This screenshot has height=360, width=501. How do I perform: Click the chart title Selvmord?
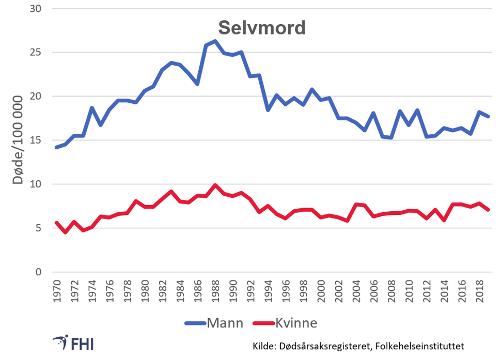pos(261,28)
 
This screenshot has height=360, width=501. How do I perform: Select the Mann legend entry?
pos(225,323)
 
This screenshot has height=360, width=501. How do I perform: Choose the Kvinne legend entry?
pos(296,323)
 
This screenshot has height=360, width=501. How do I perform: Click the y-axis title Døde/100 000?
pos(19,140)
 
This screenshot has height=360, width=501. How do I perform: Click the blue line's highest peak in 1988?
pos(215,41)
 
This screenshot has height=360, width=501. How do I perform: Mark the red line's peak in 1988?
pos(215,185)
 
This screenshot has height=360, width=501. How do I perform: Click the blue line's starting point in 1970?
pos(57,147)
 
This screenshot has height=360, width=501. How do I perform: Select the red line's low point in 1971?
pos(66,232)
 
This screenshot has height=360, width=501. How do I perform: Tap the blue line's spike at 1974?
pos(92,107)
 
